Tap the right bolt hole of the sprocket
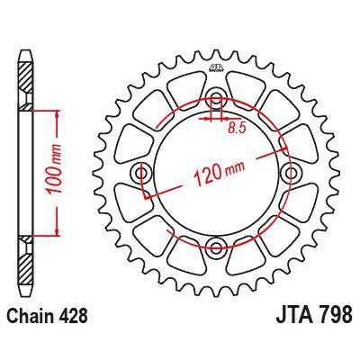click(290, 172)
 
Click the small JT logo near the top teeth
click(215, 68)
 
